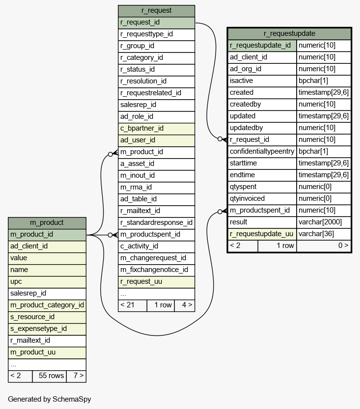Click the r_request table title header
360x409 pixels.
(156, 11)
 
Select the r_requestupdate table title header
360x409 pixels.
(289, 34)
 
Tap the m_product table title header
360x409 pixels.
(47, 223)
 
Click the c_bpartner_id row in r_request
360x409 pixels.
(156, 129)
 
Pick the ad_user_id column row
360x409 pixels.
(156, 140)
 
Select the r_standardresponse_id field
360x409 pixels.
(156, 223)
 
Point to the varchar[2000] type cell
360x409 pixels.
(324, 222)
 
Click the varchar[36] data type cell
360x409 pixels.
(324, 234)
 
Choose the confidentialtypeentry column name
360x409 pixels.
(262, 152)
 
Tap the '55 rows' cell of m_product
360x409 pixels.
(49, 376)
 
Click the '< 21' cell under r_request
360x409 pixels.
(132, 305)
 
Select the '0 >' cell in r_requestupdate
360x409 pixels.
(324, 245)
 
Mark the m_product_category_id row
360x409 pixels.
(47, 305)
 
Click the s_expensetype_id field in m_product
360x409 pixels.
(47, 329)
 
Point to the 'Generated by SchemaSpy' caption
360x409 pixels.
(50, 399)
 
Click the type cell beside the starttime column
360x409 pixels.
(324, 164)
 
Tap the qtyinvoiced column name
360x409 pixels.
(262, 199)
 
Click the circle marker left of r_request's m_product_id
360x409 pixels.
(111, 154)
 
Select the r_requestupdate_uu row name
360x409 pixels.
(262, 234)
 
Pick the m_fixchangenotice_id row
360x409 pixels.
(156, 270)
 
